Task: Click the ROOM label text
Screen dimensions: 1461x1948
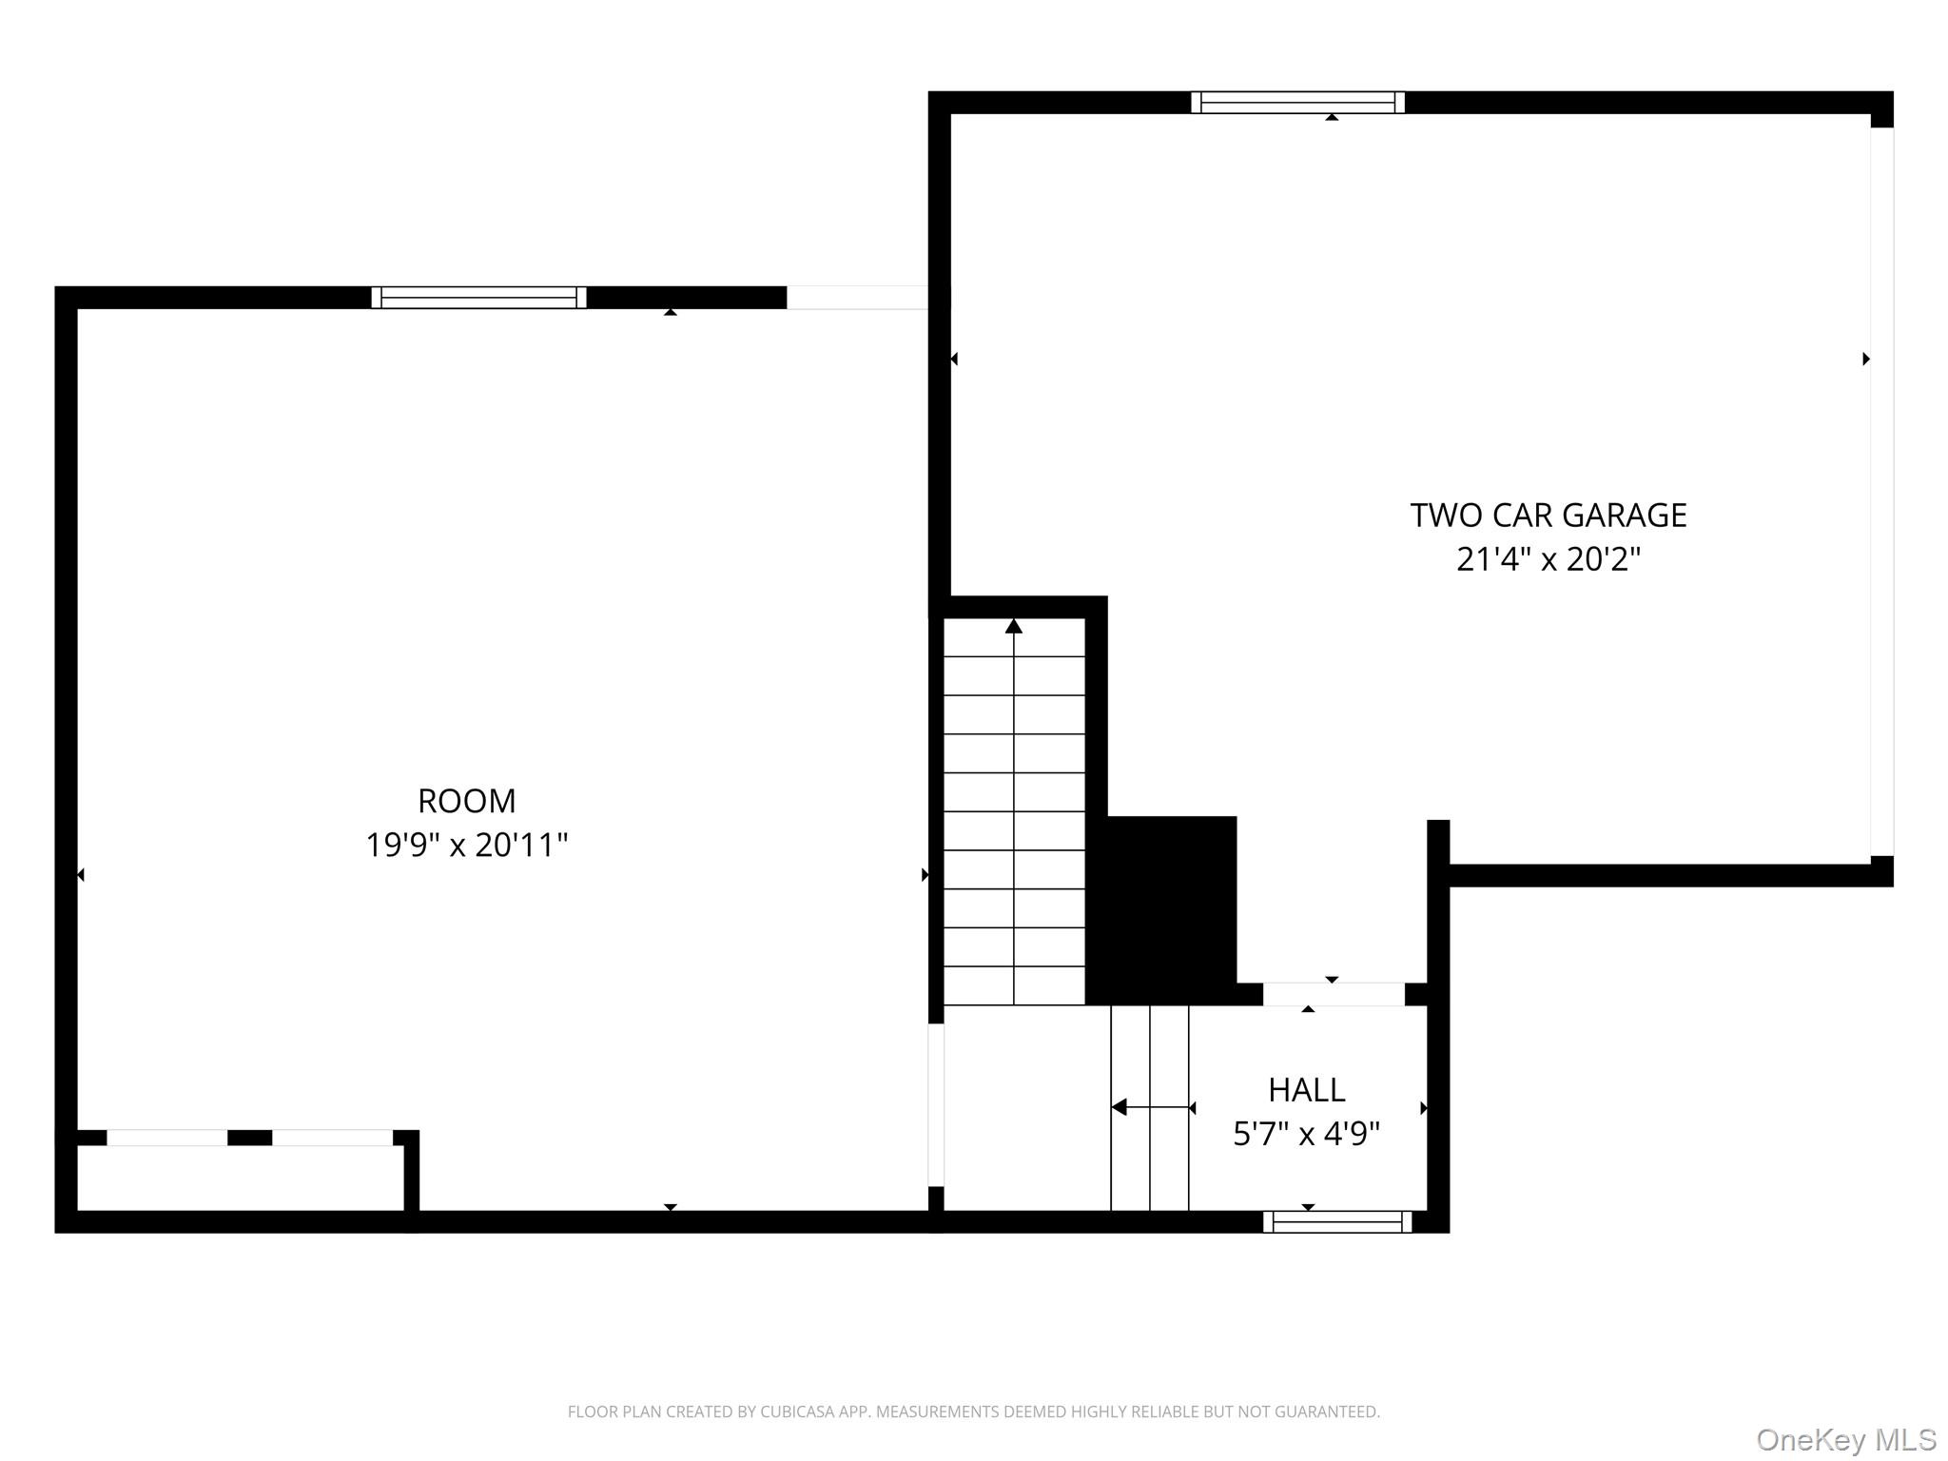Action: [466, 801]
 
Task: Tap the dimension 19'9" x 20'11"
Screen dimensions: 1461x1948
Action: [466, 845]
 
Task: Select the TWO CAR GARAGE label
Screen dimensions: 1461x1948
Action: [1548, 516]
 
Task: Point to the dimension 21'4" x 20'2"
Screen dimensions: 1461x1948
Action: [1548, 559]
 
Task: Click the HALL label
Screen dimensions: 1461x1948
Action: [1306, 1090]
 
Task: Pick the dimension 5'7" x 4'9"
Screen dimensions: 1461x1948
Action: [1306, 1134]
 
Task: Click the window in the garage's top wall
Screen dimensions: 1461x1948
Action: [1297, 103]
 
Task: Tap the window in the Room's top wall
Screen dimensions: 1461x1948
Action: [478, 298]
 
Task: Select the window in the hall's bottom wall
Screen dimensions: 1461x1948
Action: [1336, 1222]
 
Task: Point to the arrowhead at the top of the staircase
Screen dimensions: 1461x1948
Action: [1014, 626]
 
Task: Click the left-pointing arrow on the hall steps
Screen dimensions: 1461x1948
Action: [1120, 1107]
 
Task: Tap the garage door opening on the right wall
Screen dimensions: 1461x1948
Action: [1881, 491]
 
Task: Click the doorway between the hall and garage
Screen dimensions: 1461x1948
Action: [1333, 994]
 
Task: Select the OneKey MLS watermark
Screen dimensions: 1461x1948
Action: [1845, 1440]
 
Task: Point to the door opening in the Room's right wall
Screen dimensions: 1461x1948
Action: [936, 1104]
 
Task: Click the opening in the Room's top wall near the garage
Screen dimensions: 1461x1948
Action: [856, 298]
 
